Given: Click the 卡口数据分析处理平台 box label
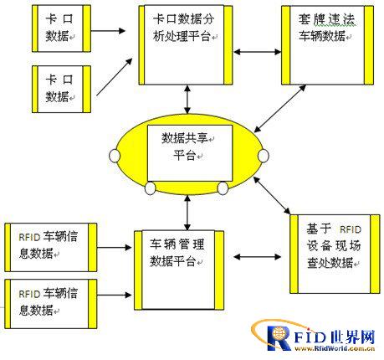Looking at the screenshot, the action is [183, 28].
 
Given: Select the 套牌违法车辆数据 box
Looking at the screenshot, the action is [327, 45].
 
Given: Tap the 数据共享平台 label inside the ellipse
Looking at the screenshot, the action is [186, 147].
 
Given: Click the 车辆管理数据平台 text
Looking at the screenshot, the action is [177, 253].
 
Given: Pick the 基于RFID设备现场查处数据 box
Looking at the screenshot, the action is [335, 254].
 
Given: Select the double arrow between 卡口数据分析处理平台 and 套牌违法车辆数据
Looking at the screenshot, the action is [257, 52].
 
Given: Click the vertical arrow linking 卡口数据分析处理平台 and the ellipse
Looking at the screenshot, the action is [187, 100].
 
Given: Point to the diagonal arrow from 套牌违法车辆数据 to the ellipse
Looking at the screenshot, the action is [279, 109].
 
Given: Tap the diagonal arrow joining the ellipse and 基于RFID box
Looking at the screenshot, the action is [272, 195].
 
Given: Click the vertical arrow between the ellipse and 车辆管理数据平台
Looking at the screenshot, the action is [187, 213].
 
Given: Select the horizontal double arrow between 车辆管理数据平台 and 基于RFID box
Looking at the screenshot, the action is [257, 257].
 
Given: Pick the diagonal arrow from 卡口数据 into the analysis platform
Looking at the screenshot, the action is [115, 77].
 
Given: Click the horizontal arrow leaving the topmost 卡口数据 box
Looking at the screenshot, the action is [108, 31].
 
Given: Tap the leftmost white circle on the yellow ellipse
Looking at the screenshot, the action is [115, 156].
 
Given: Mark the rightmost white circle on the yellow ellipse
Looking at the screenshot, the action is [264, 156].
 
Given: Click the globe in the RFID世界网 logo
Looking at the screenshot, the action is [279, 333].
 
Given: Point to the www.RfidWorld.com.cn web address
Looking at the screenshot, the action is [335, 348].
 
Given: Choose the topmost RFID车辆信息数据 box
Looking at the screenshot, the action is [51, 247].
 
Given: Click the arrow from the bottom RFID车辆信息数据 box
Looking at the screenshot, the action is [114, 295].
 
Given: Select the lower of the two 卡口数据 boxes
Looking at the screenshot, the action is [61, 89].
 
